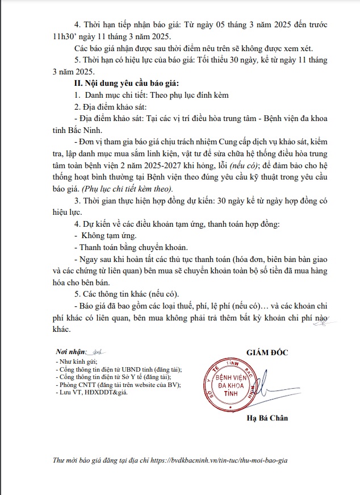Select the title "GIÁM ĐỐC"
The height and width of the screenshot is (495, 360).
(267, 352)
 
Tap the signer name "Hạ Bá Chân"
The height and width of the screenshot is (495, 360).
(267, 419)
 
